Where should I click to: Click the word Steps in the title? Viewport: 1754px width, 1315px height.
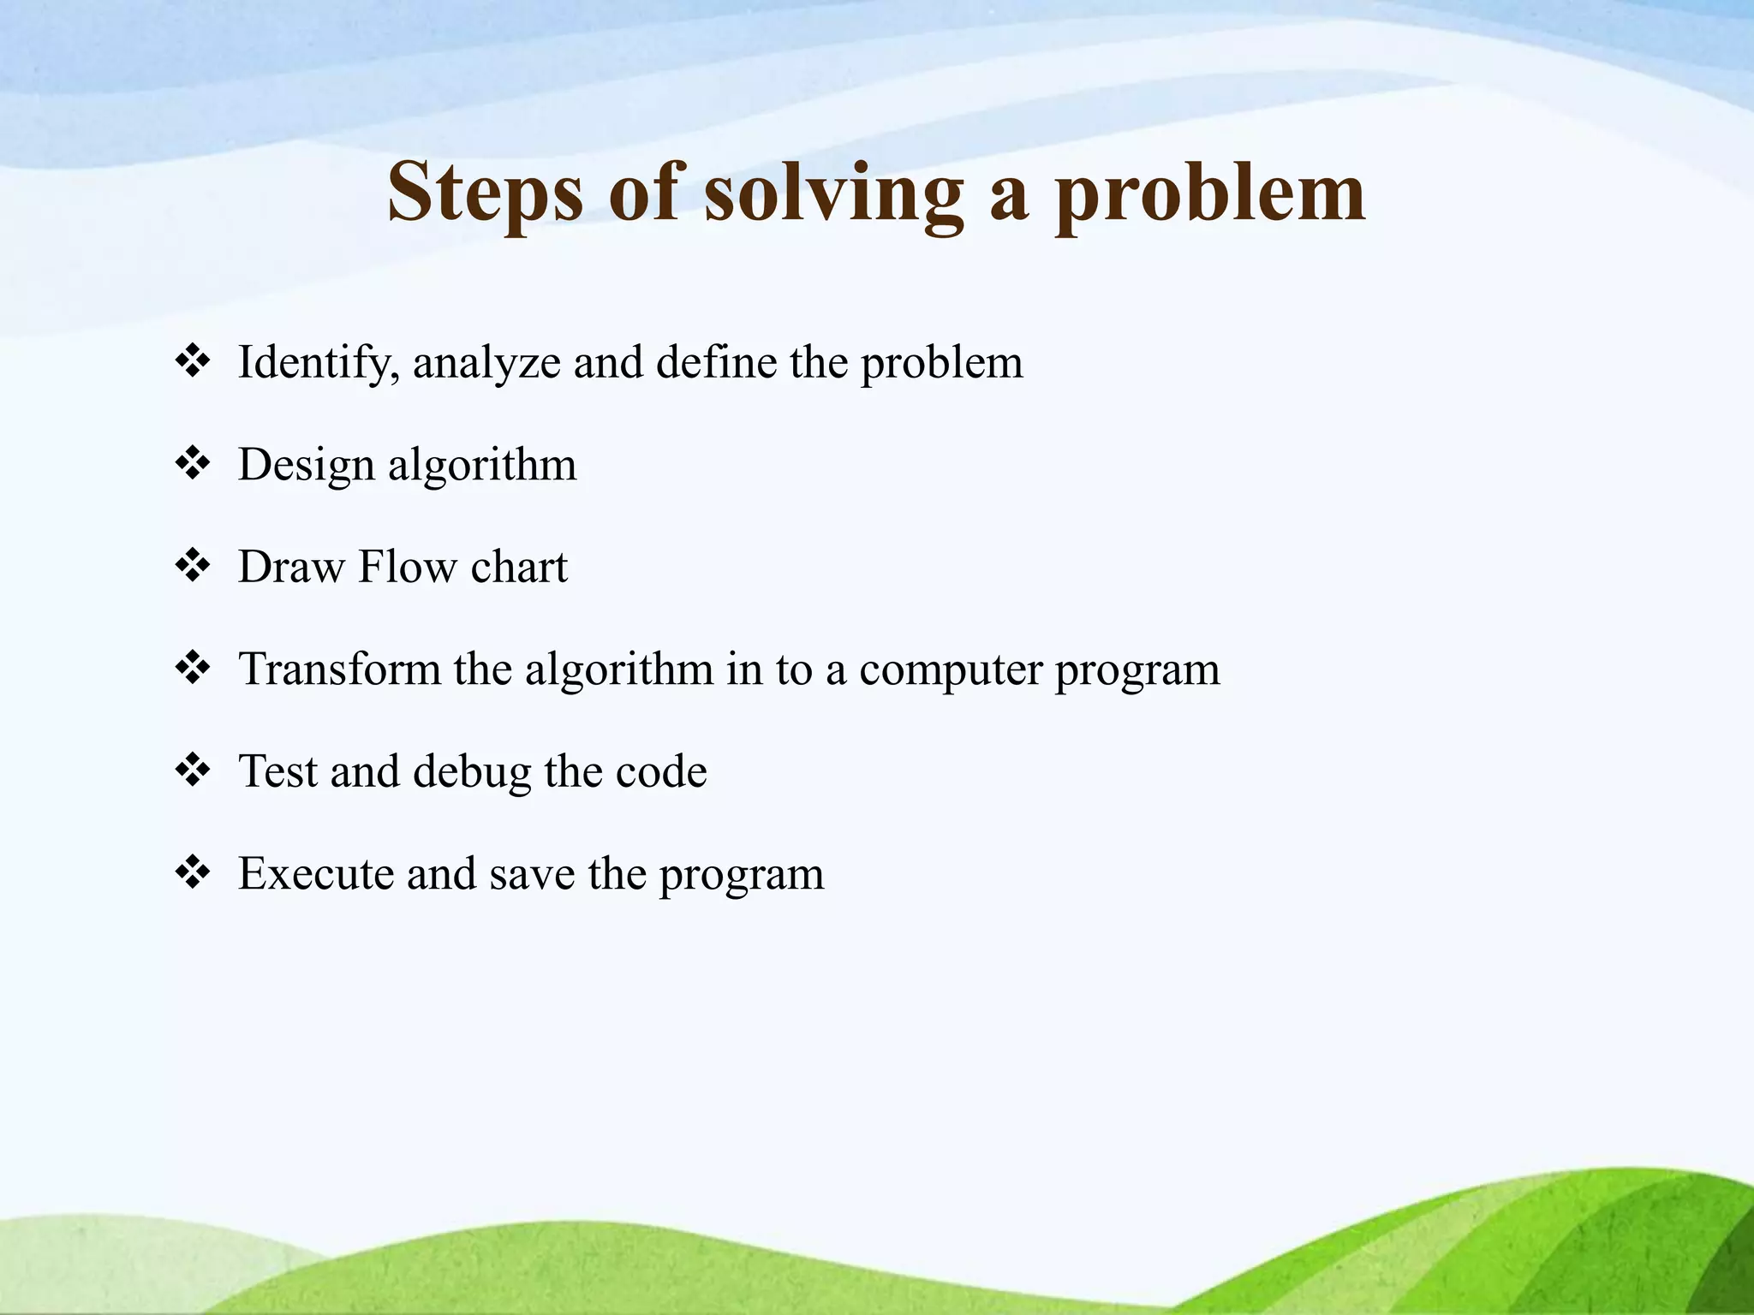click(x=485, y=193)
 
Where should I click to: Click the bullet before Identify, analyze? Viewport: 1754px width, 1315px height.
click(x=193, y=362)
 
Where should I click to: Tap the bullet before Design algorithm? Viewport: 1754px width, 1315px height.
click(x=193, y=464)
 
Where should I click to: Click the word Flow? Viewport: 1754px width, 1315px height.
click(x=407, y=567)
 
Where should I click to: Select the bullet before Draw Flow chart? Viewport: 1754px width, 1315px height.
click(x=193, y=567)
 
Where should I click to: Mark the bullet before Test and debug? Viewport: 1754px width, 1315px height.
click(x=193, y=771)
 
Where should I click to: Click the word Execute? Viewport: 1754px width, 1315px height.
click(x=315, y=873)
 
